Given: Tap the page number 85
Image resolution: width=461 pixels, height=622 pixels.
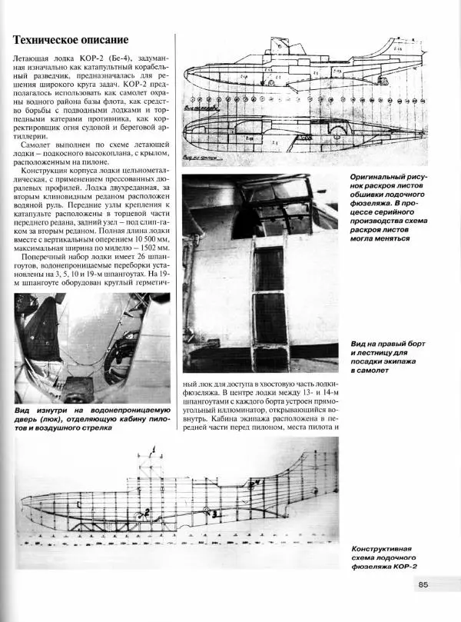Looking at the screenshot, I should click(423, 585).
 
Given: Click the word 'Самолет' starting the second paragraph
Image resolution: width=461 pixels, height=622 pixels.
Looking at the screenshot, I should click(38, 146).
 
